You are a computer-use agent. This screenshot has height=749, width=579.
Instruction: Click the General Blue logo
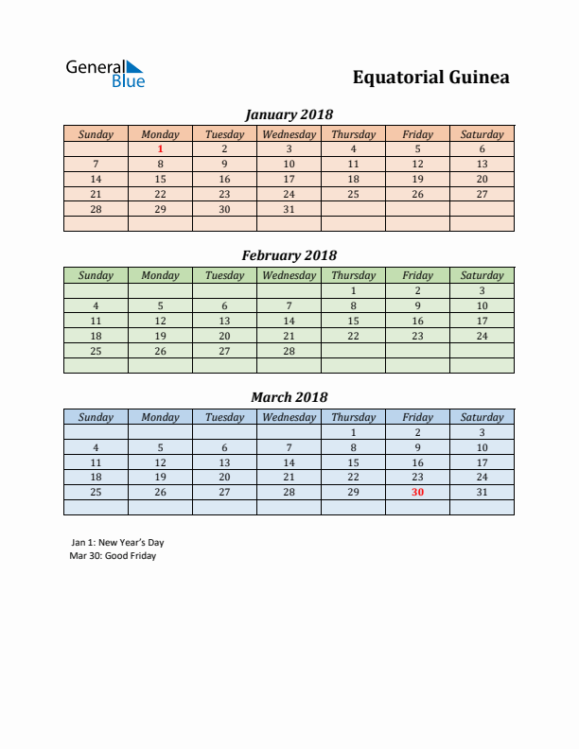105,74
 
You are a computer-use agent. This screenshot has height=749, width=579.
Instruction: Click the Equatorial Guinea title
430,78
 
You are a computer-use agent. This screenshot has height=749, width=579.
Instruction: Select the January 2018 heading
289,114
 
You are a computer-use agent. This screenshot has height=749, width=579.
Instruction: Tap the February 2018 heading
289,255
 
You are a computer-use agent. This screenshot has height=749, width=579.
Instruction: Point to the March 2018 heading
289,397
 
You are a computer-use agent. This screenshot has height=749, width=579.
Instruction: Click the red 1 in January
161,148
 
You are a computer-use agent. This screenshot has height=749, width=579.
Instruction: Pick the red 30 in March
417,492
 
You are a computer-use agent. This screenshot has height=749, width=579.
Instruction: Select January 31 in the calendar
289,209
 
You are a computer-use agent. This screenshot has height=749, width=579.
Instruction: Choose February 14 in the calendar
289,321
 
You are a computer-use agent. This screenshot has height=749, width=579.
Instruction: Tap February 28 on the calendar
289,351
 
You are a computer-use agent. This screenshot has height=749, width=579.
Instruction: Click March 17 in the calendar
482,462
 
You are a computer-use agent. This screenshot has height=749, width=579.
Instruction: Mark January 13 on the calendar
482,164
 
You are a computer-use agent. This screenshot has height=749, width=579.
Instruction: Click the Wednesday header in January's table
289,134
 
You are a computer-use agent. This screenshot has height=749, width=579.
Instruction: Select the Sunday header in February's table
96,275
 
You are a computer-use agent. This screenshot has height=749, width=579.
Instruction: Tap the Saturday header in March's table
482,417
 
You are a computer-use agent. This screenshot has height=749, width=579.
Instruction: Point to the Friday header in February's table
417,275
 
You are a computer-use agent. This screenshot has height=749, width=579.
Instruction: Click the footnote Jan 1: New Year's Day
117,543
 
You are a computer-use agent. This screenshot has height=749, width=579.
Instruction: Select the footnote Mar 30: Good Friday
113,556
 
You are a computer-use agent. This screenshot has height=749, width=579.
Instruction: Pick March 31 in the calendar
482,492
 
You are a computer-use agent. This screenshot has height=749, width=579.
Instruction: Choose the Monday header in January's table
160,134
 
